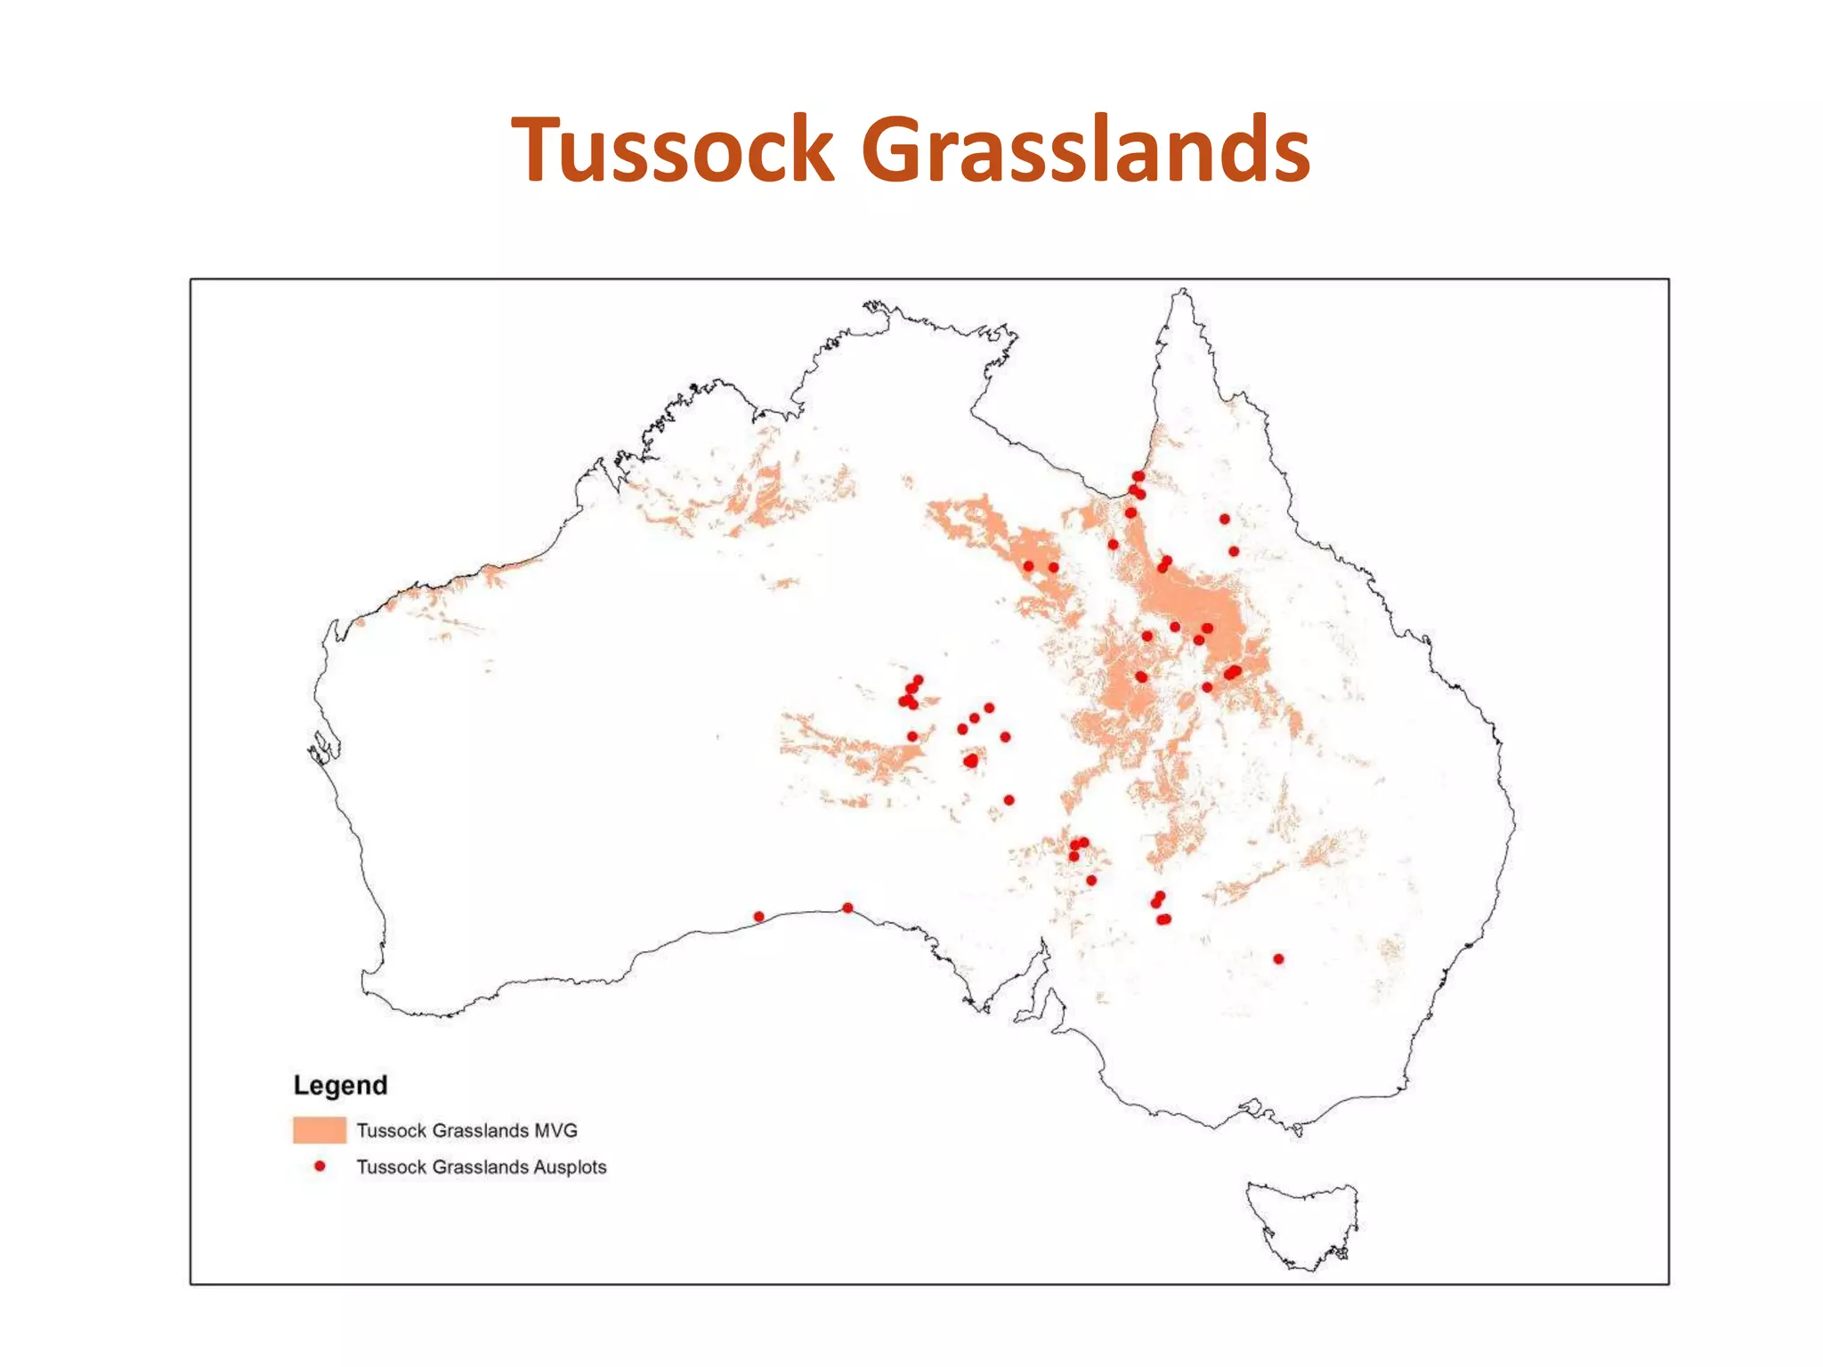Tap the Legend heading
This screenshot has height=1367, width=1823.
pos(340,1085)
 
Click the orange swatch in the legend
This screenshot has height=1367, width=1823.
pos(320,1130)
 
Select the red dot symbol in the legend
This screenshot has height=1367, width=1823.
pos(320,1166)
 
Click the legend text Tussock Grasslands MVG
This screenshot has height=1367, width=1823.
pos(466,1130)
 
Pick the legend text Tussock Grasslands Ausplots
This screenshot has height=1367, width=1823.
pos(481,1167)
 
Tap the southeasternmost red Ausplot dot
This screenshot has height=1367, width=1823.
pos(1278,959)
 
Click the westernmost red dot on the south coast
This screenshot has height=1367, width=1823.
pos(758,917)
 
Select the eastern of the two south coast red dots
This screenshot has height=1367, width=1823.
pos(847,908)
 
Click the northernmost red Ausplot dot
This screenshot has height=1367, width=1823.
pos(1138,476)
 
